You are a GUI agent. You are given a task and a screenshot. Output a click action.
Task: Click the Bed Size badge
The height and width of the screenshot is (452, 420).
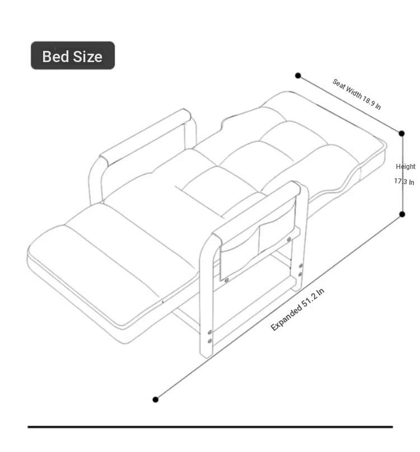pos(73,55)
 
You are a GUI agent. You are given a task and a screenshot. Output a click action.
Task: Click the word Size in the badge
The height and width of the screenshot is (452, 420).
pos(87,57)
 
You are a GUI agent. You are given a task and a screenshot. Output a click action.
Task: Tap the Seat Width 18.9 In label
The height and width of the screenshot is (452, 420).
pos(357,95)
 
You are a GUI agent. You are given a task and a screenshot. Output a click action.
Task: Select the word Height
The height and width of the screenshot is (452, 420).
pos(405,167)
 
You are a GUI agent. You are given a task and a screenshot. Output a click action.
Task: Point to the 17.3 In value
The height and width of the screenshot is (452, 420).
pos(404,182)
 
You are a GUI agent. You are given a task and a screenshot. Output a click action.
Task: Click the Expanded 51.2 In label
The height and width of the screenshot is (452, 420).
pos(297,309)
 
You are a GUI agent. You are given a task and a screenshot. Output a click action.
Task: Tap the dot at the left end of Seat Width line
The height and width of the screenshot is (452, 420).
pos(298,76)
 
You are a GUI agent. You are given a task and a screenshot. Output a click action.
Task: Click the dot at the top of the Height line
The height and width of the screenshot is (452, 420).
pos(402,133)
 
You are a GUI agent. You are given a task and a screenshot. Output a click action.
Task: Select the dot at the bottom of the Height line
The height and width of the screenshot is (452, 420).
pos(402,214)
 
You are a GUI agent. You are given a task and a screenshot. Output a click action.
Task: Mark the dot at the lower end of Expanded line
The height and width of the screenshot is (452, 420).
pos(155,399)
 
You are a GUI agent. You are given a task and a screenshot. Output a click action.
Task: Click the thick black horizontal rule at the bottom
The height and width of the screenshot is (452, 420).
pos(210,427)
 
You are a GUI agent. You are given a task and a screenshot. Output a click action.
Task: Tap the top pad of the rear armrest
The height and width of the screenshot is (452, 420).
pos(145,137)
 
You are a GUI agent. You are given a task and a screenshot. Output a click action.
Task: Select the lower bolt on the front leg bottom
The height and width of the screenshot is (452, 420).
pos(210,341)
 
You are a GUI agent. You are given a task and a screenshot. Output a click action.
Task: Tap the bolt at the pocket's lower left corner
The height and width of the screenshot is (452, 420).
pos(227,280)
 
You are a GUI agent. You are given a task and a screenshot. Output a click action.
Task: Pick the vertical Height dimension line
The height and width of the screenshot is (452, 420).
pos(402,174)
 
